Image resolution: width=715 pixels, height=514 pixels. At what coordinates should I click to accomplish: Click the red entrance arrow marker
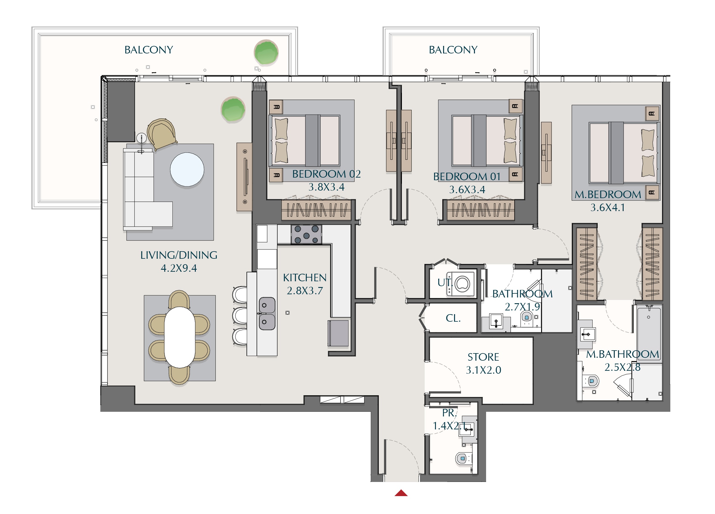click(x=401, y=493)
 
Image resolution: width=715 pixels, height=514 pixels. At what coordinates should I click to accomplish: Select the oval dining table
click(x=180, y=337)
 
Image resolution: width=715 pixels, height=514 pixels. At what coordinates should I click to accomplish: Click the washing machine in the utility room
click(x=461, y=284)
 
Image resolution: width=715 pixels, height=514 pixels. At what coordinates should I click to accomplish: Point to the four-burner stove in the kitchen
click(x=306, y=234)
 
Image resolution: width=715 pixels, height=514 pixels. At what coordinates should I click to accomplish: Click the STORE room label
click(x=483, y=357)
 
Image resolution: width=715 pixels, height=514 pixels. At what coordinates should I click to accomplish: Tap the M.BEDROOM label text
click(x=607, y=195)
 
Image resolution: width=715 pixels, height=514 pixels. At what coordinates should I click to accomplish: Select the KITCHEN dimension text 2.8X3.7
click(x=305, y=290)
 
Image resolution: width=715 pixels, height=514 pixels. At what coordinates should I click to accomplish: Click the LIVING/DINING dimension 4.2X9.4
click(x=179, y=268)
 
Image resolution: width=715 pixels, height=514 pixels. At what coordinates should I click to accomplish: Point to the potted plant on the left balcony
click(x=266, y=52)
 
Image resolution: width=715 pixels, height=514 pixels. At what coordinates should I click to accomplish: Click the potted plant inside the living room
click(x=233, y=109)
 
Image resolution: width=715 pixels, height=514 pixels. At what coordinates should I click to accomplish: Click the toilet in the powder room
click(x=462, y=458)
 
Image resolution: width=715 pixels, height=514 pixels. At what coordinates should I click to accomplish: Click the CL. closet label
click(x=453, y=318)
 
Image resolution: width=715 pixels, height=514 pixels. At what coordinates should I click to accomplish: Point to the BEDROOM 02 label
click(x=326, y=174)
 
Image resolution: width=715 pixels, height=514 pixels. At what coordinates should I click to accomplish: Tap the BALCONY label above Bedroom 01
click(x=453, y=50)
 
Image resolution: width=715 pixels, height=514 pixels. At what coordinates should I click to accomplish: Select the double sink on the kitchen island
click(x=267, y=314)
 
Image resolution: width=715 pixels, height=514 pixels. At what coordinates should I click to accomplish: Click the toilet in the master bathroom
click(x=590, y=381)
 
